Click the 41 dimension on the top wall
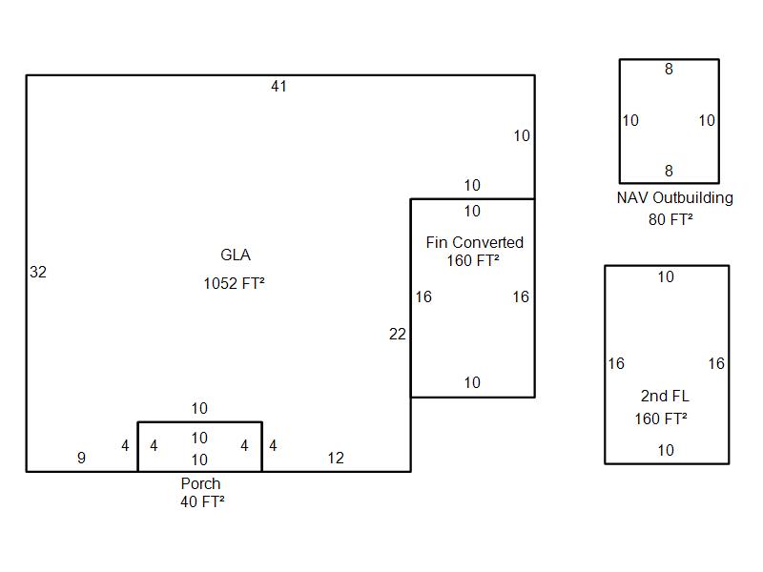(x=278, y=87)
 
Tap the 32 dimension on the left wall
(x=38, y=273)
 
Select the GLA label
(x=236, y=255)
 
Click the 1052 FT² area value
(x=234, y=284)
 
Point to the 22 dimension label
(x=398, y=335)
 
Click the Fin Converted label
(x=474, y=243)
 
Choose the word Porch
(x=200, y=484)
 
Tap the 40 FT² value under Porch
(x=202, y=502)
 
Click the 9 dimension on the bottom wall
(x=81, y=459)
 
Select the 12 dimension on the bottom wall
(x=336, y=459)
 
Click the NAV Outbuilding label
(x=675, y=198)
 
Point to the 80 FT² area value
(x=670, y=219)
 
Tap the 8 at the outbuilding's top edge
(x=669, y=69)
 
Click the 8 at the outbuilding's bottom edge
(x=669, y=172)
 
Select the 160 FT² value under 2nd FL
(x=661, y=419)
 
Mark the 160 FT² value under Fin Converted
(x=473, y=261)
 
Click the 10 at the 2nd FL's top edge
(x=666, y=277)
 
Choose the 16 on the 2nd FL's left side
(x=616, y=364)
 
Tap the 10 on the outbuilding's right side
(x=707, y=121)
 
